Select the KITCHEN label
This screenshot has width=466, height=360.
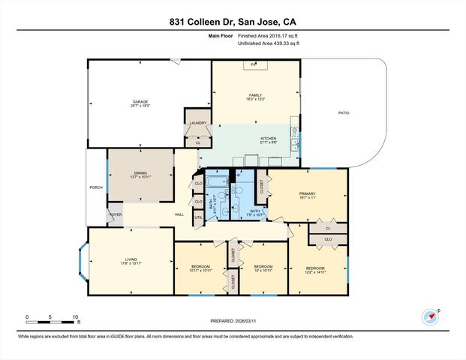(x=269, y=139)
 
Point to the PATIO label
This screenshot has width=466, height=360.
(x=343, y=113)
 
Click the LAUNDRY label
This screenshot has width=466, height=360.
(x=197, y=123)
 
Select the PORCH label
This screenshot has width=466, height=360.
(x=96, y=187)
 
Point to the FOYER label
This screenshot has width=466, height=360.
(x=115, y=214)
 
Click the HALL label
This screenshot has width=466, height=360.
(x=179, y=215)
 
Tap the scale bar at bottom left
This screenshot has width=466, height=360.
(x=51, y=320)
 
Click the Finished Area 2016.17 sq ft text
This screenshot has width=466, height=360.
(x=269, y=35)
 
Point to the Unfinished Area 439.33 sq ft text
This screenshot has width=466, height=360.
(x=269, y=43)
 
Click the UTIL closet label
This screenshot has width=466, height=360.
(x=198, y=217)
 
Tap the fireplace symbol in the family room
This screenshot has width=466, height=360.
(x=254, y=65)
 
